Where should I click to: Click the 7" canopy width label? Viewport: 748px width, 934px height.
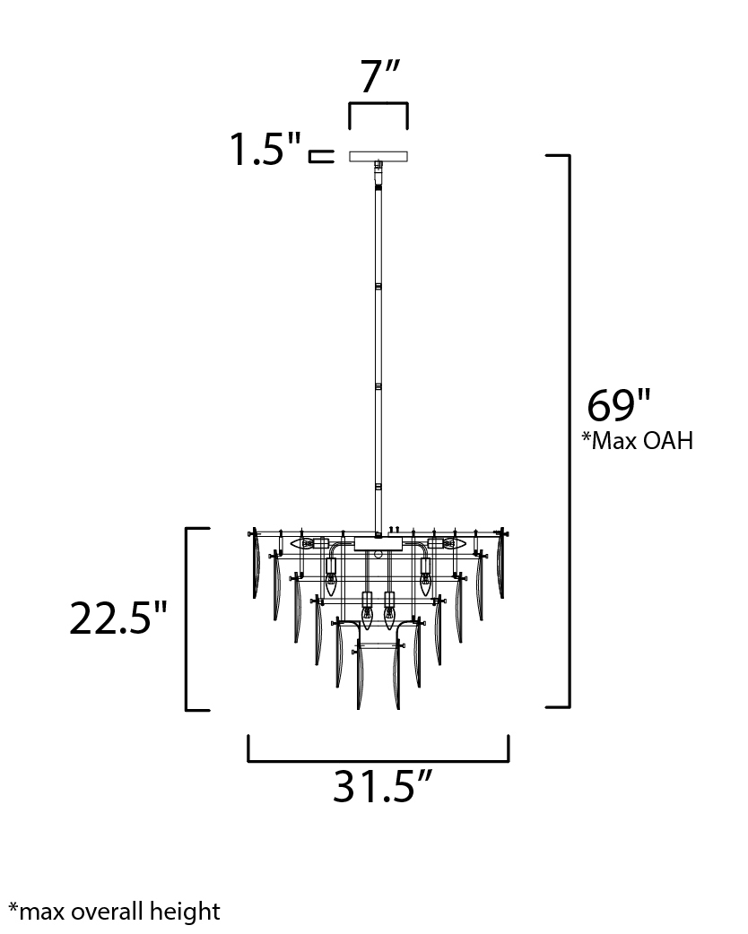click(379, 77)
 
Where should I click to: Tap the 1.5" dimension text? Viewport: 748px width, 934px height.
click(265, 149)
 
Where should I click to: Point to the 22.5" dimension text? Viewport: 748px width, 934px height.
click(118, 618)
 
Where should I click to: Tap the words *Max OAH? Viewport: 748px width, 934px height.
click(638, 440)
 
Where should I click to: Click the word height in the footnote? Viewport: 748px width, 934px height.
click(185, 912)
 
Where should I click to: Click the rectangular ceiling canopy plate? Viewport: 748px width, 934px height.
click(378, 156)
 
